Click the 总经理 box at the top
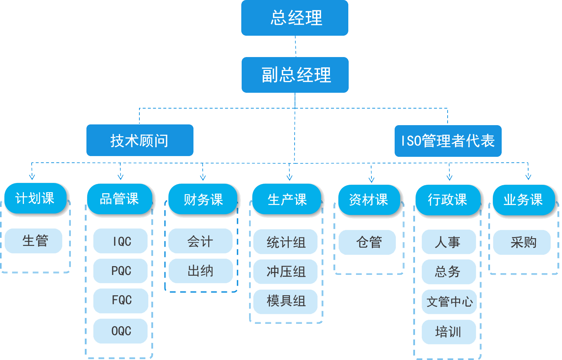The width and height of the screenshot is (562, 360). pyautogui.click(x=295, y=18)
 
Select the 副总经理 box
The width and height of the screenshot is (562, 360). pyautogui.click(x=295, y=75)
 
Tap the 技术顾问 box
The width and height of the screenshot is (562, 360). pyautogui.click(x=140, y=140)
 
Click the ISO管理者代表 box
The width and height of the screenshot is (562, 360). pyautogui.click(x=448, y=141)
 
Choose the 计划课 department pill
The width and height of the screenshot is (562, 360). pyautogui.click(x=35, y=198)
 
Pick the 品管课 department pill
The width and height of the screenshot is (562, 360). pyautogui.click(x=120, y=199)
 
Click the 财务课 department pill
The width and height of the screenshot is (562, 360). pyautogui.click(x=203, y=200)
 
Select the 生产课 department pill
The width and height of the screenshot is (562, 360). pyautogui.click(x=287, y=200)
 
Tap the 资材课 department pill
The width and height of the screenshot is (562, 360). pyautogui.click(x=369, y=200)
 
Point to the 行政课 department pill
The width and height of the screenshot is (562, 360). pyautogui.click(x=448, y=200)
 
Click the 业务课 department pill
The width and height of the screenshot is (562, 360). pyautogui.click(x=523, y=200)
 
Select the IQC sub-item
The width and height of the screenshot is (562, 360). pyautogui.click(x=121, y=241)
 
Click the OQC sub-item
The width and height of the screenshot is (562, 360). pyautogui.click(x=121, y=331)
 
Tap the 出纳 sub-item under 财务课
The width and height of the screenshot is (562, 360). pyautogui.click(x=201, y=271)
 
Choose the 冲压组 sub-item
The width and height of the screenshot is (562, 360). pyautogui.click(x=285, y=272)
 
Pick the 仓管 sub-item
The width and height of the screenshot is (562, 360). pyautogui.click(x=367, y=242)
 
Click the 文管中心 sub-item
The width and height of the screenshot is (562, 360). pyautogui.click(x=449, y=302)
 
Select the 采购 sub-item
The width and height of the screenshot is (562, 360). pyautogui.click(x=522, y=242)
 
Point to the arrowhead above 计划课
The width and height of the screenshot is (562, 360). pyautogui.click(x=32, y=177)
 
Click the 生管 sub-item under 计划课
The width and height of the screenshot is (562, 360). pyautogui.click(x=33, y=241)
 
